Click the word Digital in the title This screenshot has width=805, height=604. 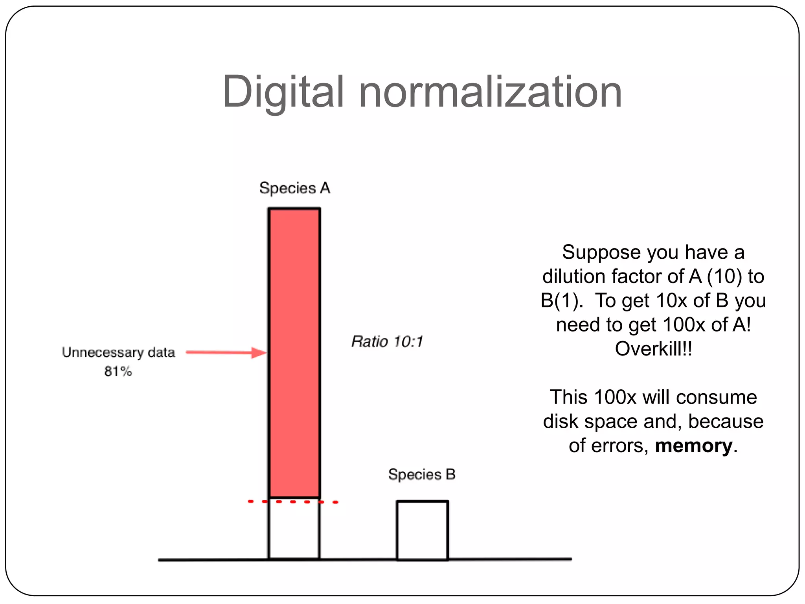point(283,92)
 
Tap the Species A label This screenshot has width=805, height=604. point(294,188)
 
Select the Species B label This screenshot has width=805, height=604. point(421,474)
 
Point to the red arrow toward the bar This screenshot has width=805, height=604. point(226,352)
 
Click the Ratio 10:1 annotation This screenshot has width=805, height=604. point(387,341)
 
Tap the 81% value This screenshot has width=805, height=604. point(118,371)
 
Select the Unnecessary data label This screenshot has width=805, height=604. point(118,352)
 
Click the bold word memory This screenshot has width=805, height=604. point(694,446)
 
